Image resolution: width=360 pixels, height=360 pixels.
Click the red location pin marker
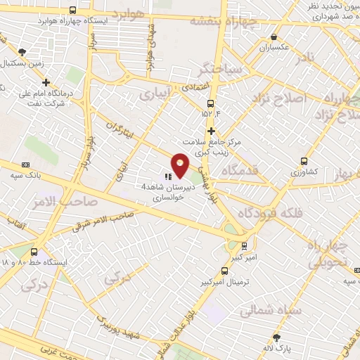181,165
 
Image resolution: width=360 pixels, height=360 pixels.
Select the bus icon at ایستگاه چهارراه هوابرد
74,10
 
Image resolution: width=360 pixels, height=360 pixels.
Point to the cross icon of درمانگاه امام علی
46,82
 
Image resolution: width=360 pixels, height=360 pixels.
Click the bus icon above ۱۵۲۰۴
210,103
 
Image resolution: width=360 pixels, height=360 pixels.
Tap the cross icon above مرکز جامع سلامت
211,131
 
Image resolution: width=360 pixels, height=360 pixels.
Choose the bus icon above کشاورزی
304,160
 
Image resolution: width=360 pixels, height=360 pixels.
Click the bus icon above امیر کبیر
244,246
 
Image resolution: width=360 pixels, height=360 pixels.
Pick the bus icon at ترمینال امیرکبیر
224,271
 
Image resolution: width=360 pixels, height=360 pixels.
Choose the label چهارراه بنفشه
225,20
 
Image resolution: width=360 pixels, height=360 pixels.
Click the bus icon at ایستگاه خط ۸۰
34,251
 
